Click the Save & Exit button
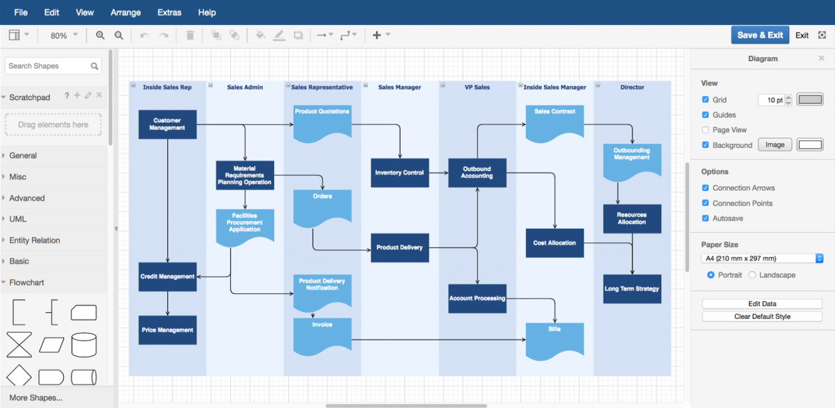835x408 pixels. point(760,35)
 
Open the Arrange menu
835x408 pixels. point(125,13)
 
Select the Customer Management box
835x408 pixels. point(167,124)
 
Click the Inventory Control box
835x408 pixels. point(399,172)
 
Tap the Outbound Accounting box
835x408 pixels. point(477,172)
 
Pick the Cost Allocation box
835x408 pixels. point(555,243)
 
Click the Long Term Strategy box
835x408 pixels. point(632,288)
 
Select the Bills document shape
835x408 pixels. point(555,339)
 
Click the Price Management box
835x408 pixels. point(167,330)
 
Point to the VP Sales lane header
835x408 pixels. point(477,88)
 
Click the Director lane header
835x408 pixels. point(632,88)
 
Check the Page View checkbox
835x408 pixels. point(706,130)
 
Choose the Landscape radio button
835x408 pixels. point(752,275)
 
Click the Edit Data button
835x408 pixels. point(762,304)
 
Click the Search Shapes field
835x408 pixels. point(47,66)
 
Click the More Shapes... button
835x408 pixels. point(35,398)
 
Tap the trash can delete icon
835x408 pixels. point(190,35)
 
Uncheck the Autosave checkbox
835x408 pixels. point(706,218)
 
